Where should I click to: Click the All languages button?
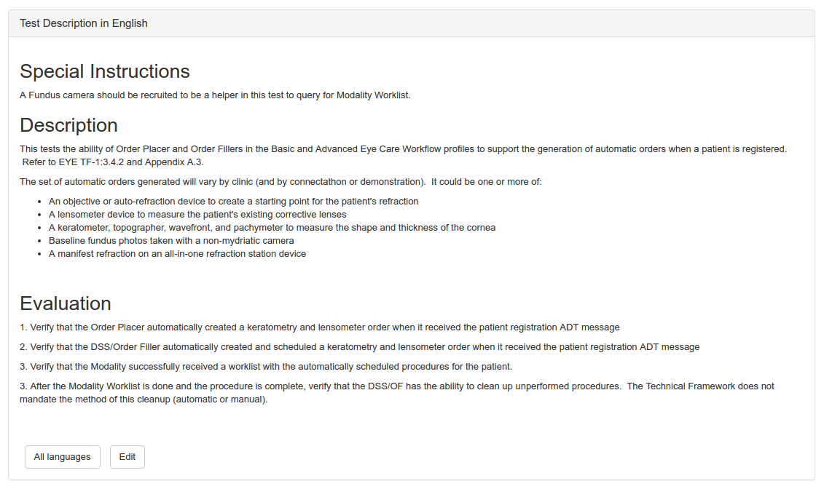[62, 457]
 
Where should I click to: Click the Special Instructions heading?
[105, 71]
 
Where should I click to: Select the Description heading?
[68, 125]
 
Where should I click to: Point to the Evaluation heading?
[66, 303]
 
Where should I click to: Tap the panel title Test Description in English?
[84, 23]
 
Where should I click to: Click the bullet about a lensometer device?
[197, 215]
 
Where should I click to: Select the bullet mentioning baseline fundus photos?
[171, 241]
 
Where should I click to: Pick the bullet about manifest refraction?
[177, 254]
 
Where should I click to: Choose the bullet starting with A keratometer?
[272, 228]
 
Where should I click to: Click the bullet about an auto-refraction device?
[233, 202]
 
